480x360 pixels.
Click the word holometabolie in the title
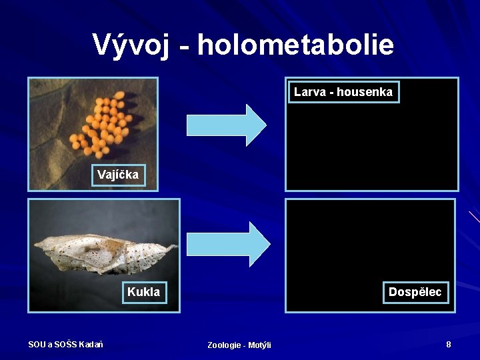[x=295, y=45]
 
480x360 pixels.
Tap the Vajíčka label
[x=118, y=175]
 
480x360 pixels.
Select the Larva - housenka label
[x=343, y=92]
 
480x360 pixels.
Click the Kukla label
[x=143, y=292]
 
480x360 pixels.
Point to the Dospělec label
[x=415, y=292]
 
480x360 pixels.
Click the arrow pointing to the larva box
[x=226, y=125]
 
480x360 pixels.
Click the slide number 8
[x=449, y=345]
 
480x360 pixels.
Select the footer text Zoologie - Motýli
[x=239, y=345]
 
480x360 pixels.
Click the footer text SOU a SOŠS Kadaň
[x=65, y=344]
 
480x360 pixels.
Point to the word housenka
[x=365, y=92]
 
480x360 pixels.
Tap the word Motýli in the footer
[x=259, y=345]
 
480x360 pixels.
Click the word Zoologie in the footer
[x=225, y=345]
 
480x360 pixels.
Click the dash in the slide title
[x=183, y=47]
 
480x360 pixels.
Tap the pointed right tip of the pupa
[x=176, y=247]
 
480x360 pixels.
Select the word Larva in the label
[x=310, y=92]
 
